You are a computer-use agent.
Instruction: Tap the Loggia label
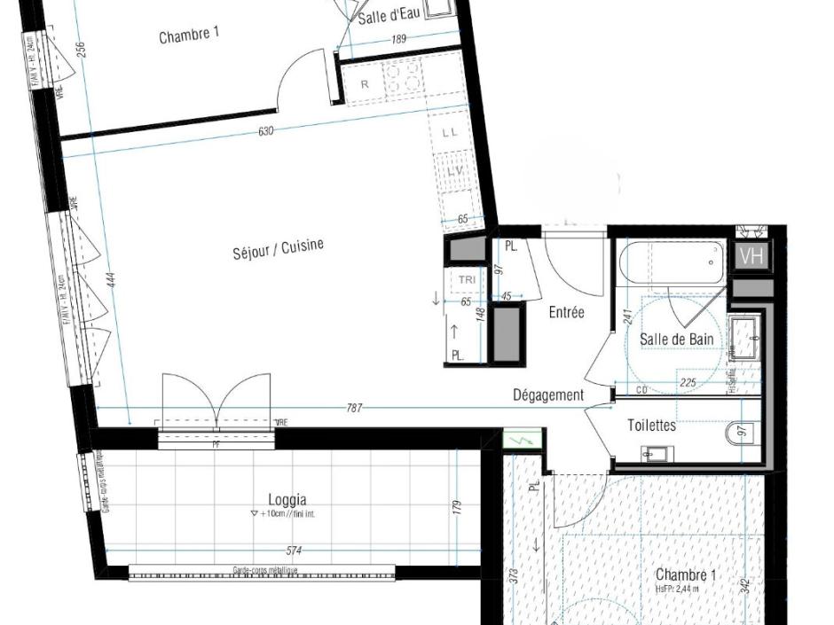coord(287,499)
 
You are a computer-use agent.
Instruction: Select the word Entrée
coord(566,312)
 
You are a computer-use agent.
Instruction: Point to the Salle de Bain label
coord(676,340)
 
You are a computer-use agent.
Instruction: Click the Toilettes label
coord(651,426)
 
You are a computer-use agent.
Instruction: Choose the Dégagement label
coord(548,395)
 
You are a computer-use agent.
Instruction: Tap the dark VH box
coord(751,257)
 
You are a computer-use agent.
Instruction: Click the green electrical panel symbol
coord(515,439)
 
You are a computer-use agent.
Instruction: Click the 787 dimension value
coord(354,409)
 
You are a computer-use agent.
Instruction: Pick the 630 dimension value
coord(265,132)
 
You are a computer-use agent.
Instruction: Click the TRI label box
coord(467,280)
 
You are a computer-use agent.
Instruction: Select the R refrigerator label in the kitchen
coord(365,84)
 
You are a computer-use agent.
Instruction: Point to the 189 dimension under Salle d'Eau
coord(400,39)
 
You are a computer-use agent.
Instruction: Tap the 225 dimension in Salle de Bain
coord(688,384)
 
